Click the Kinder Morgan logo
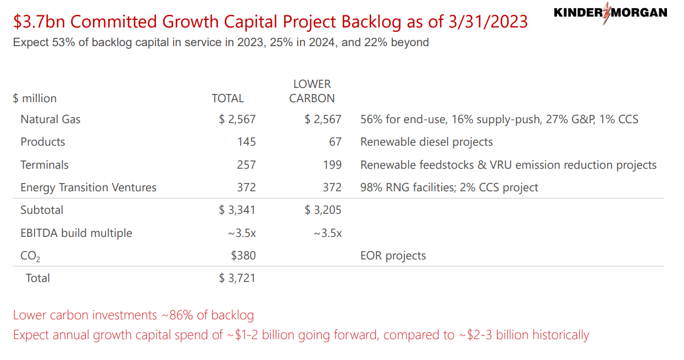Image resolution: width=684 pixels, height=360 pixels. [x=610, y=13]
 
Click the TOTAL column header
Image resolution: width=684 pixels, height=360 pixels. [x=227, y=98]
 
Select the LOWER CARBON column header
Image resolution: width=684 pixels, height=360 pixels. [x=312, y=91]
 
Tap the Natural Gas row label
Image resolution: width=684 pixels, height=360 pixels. [x=51, y=119]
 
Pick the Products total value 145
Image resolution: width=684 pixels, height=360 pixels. [x=247, y=142]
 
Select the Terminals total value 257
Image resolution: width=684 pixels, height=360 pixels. [x=247, y=165]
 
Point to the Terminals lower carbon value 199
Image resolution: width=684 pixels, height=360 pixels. [x=332, y=165]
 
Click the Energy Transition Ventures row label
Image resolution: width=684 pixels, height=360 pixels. [x=88, y=187]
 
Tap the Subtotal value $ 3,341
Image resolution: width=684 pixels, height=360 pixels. [x=237, y=210]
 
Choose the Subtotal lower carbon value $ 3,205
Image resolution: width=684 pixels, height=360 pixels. [x=323, y=210]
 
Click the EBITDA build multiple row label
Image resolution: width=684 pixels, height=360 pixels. [x=76, y=233]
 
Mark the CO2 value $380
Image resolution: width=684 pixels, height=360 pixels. [x=243, y=256]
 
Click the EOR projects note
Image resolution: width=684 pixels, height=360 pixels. [x=393, y=256]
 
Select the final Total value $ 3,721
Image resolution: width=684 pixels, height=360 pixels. [x=237, y=278]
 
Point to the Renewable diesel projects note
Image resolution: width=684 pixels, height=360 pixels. [x=426, y=142]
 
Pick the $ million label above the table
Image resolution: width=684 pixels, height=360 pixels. [x=35, y=98]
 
